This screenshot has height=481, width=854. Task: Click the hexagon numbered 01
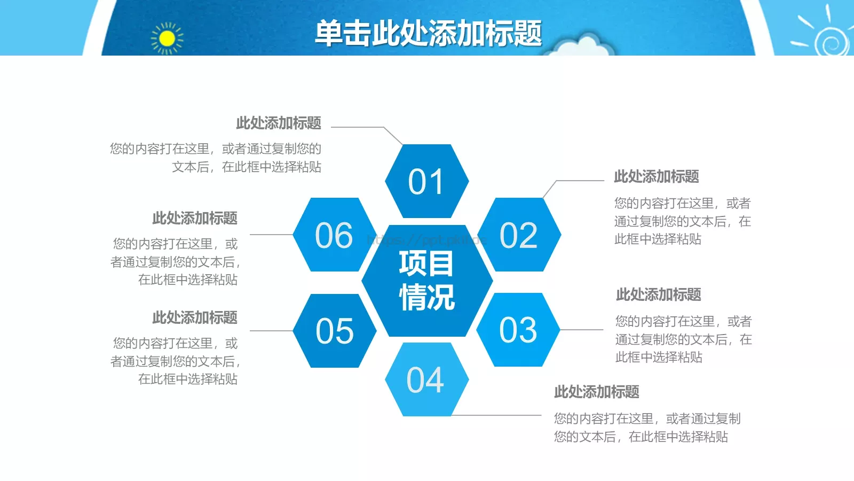(426, 181)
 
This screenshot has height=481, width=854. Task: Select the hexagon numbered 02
(519, 235)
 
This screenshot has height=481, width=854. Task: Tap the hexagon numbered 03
(518, 330)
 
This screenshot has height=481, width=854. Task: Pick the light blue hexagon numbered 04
(426, 379)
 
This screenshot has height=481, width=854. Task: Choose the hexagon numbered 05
(335, 330)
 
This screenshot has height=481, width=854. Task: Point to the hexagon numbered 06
(335, 235)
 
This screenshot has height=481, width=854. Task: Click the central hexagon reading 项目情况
(426, 281)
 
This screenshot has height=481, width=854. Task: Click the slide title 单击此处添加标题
(428, 33)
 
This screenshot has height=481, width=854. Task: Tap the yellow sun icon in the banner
(167, 38)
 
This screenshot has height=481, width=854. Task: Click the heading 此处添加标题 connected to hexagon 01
(279, 123)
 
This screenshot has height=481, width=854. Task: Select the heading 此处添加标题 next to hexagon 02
(656, 176)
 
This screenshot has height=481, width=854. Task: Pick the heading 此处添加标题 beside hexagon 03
(658, 294)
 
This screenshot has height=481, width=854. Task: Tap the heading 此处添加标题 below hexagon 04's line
(596, 392)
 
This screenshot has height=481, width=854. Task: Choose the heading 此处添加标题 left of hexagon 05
(195, 317)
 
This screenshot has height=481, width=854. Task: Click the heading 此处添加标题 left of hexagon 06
(195, 218)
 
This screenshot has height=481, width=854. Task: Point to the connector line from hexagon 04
(496, 415)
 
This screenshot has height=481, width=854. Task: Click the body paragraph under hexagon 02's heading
(682, 221)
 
